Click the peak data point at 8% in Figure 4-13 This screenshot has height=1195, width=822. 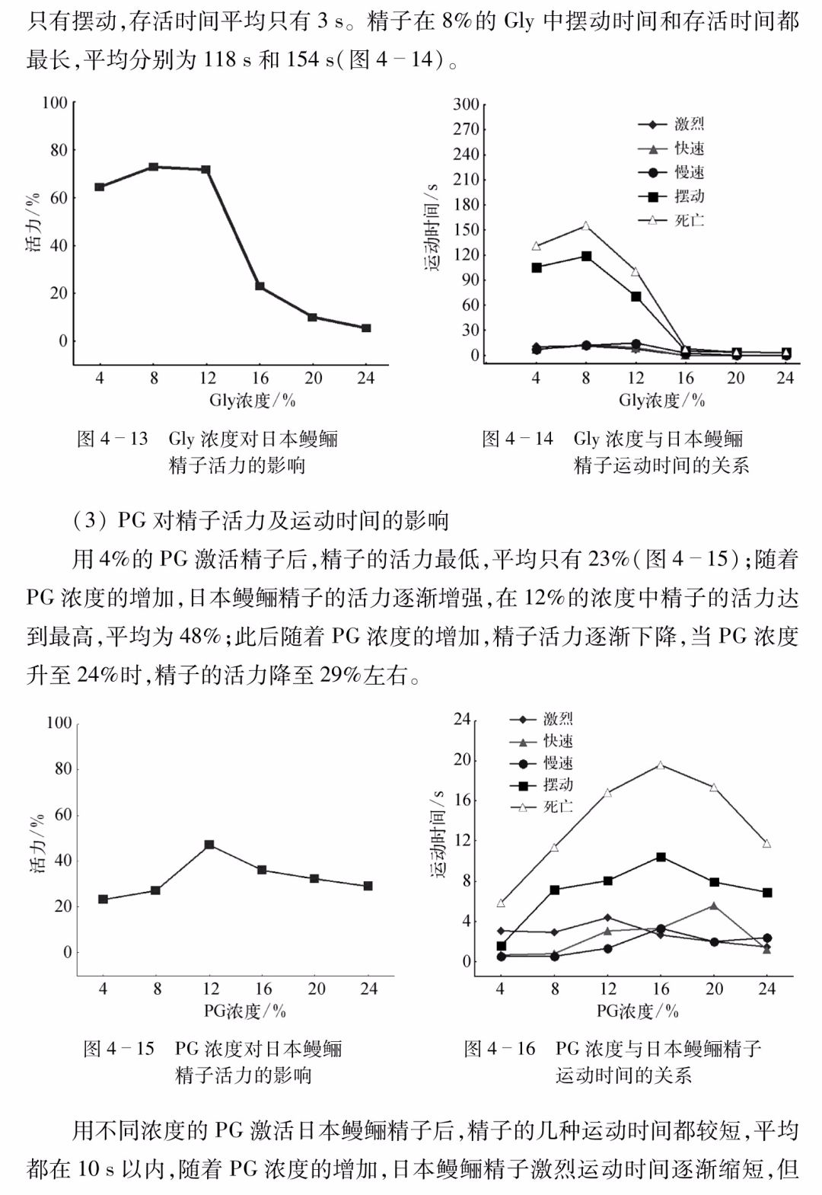[153, 167]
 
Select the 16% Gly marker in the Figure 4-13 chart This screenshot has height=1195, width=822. [260, 286]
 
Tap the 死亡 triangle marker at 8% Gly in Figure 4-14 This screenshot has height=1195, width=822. [585, 225]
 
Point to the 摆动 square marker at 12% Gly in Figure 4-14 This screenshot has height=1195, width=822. [636, 296]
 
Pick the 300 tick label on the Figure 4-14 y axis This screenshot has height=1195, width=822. [467, 104]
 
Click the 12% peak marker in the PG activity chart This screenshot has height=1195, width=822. [209, 845]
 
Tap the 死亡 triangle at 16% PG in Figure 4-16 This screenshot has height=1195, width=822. [661, 765]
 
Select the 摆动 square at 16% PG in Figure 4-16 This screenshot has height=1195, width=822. [661, 857]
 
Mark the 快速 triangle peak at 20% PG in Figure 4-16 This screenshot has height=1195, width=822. [713, 906]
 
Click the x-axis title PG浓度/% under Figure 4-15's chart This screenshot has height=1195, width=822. [245, 1011]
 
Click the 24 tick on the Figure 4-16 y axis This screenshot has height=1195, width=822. [462, 719]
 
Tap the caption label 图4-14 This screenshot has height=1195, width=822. [518, 439]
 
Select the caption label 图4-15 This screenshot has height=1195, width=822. [119, 1049]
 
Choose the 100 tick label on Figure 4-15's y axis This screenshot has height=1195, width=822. [59, 723]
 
